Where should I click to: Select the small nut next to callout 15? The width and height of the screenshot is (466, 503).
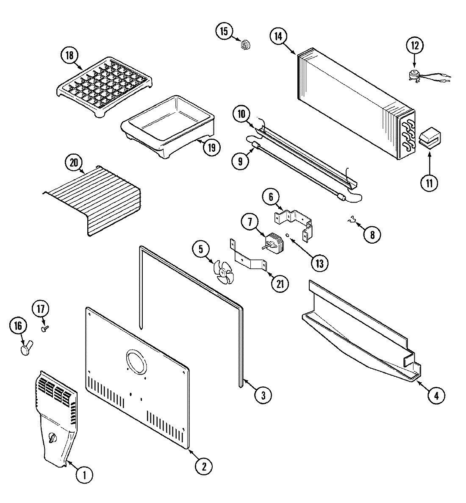244,44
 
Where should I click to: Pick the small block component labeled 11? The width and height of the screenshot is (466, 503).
429,138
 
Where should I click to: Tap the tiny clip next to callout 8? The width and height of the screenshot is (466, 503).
351,220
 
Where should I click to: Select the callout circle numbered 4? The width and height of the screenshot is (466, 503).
436,396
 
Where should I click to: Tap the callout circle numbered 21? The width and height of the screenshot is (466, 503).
280,284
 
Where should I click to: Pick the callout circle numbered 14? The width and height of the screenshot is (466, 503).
278,37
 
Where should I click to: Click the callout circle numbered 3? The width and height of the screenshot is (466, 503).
263,395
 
